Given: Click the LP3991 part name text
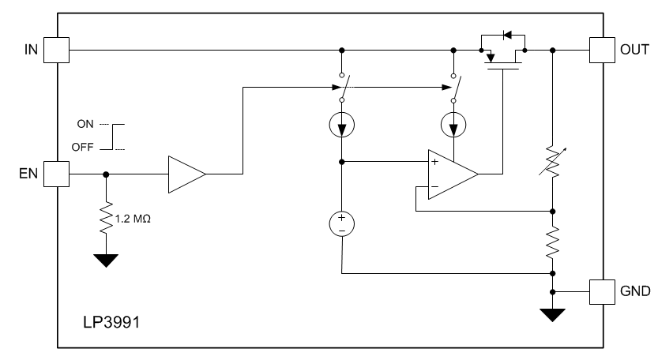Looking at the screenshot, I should [x=110, y=324].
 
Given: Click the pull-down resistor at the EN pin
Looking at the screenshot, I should [x=106, y=218].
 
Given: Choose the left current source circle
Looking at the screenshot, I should [x=341, y=125].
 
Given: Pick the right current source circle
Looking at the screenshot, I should [x=453, y=125].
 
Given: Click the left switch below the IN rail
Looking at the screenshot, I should [x=341, y=88].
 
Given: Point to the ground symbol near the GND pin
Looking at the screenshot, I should [x=552, y=315].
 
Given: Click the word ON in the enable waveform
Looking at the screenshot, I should [x=85, y=124].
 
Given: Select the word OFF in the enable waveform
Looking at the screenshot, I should [x=84, y=147].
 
